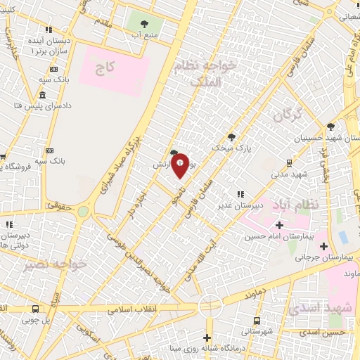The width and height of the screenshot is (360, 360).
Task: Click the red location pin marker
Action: click(180, 166)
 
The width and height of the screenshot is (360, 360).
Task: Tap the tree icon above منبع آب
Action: click(145, 24)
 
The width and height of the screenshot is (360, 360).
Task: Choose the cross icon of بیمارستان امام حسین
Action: click(279, 225)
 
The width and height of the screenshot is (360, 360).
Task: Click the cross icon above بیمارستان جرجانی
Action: click(323, 246)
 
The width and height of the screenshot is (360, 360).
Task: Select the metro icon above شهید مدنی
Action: click(289, 163)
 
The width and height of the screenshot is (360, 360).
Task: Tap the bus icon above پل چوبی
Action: click(35, 309)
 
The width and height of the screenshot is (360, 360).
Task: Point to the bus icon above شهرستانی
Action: click(257, 320)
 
